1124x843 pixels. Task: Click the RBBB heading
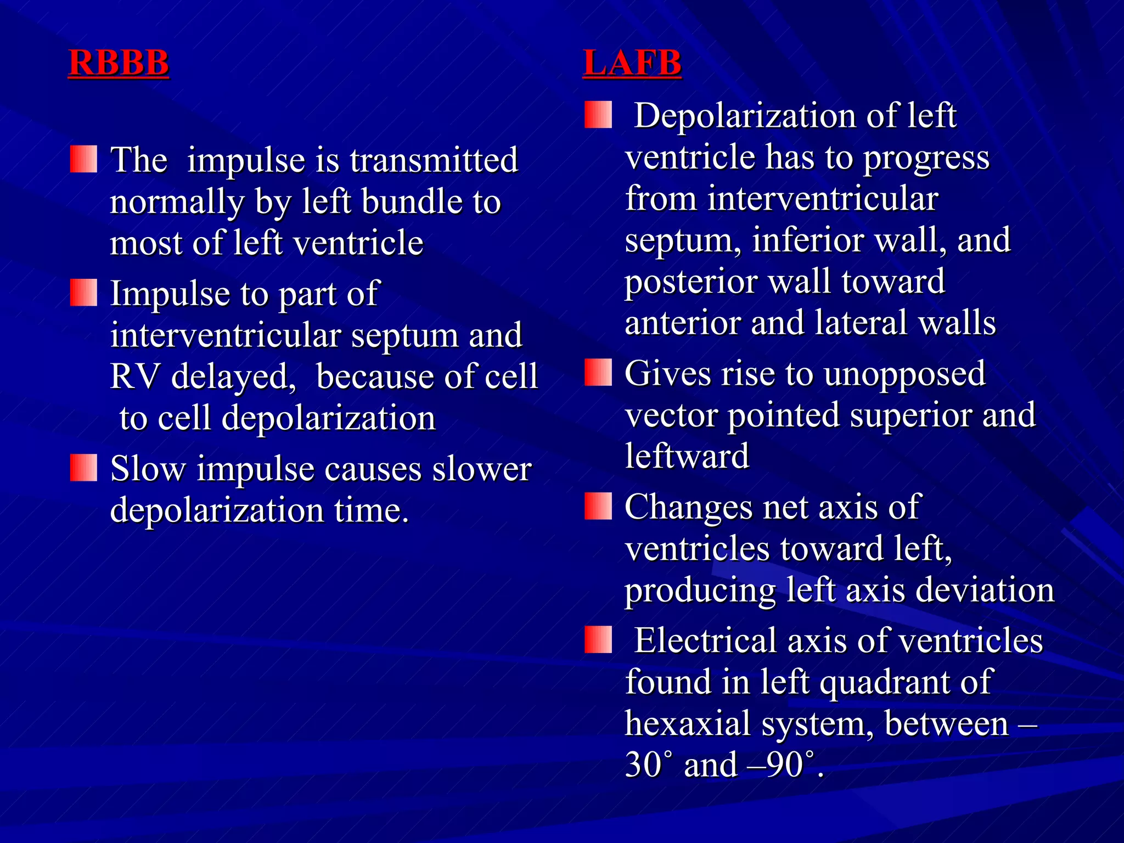119,63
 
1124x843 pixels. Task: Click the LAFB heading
632,63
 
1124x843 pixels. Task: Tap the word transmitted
434,160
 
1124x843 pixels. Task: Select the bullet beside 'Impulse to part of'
83,293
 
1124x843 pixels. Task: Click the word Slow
148,469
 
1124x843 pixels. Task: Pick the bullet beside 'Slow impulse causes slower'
83,468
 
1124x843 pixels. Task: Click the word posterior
690,282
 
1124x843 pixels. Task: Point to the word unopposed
904,374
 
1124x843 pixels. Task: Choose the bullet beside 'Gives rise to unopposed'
598,373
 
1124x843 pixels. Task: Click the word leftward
687,456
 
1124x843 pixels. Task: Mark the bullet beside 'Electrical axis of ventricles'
598,639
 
